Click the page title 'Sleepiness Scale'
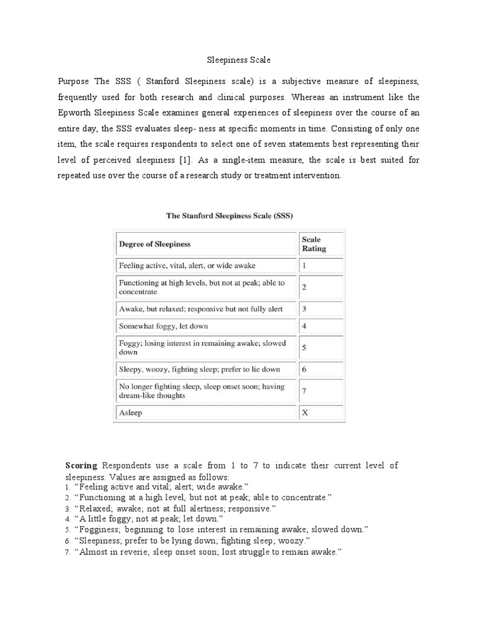239,61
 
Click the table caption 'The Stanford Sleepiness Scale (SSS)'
229,215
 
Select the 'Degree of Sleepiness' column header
155,244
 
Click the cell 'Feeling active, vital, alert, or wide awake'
187,266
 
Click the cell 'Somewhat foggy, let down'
163,326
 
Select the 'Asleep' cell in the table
130,413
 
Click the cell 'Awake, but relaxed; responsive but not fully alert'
194,309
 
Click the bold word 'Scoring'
82,465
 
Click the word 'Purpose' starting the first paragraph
74,81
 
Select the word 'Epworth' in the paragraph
75,113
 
